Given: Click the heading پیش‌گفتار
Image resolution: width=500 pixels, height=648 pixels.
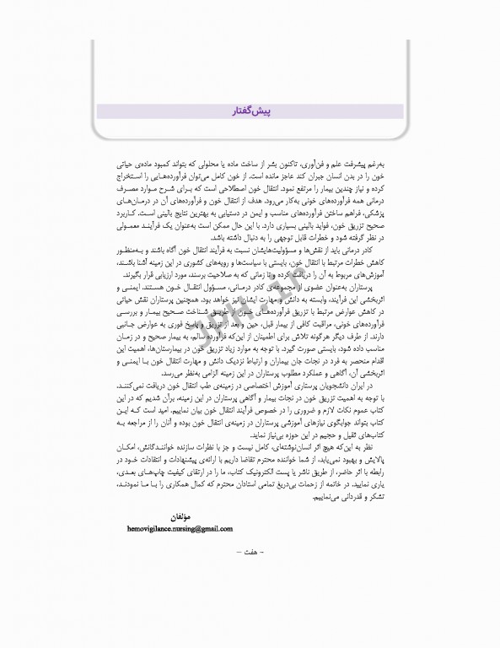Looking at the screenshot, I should click(x=249, y=111).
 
